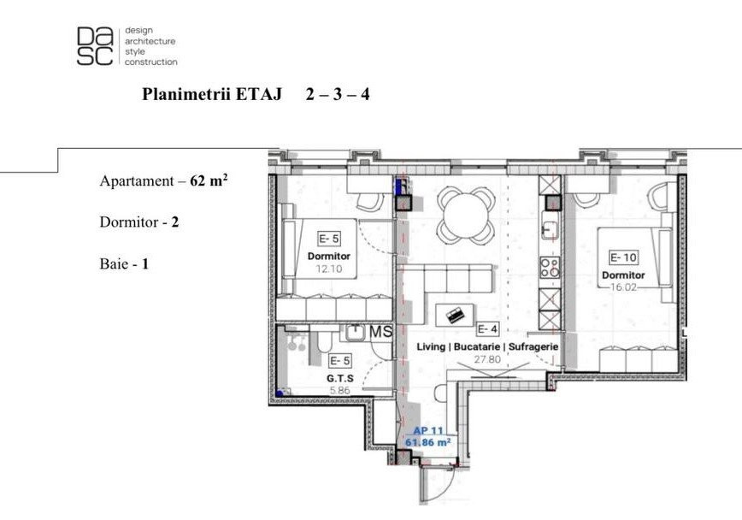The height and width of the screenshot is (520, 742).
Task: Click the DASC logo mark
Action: [x=95, y=45]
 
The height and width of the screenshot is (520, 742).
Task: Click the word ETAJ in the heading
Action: [x=258, y=94]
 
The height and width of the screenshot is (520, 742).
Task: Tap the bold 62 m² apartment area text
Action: [x=209, y=180]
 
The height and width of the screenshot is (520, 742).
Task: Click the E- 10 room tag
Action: [x=623, y=257]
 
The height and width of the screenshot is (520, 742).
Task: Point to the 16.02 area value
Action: [x=623, y=287]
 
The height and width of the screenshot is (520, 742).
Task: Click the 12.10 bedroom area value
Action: [x=329, y=269]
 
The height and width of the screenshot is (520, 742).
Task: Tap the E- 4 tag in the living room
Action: [x=487, y=328]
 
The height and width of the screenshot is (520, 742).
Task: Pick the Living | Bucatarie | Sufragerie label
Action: [x=487, y=346]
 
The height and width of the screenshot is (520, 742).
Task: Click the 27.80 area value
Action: [x=487, y=359]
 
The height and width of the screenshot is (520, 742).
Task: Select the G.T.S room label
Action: [x=339, y=378]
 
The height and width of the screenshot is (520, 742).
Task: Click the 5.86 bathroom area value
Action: [x=339, y=391]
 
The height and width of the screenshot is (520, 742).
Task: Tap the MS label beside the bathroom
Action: [x=381, y=332]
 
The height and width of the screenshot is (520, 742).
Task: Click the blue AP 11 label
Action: [x=428, y=431]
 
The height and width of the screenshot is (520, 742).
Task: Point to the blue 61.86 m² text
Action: [x=427, y=442]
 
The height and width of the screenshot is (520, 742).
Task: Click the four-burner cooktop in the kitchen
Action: [x=550, y=267]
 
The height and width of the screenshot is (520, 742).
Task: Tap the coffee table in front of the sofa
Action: [x=455, y=315]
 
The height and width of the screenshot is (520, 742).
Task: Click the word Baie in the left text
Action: [x=113, y=263]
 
